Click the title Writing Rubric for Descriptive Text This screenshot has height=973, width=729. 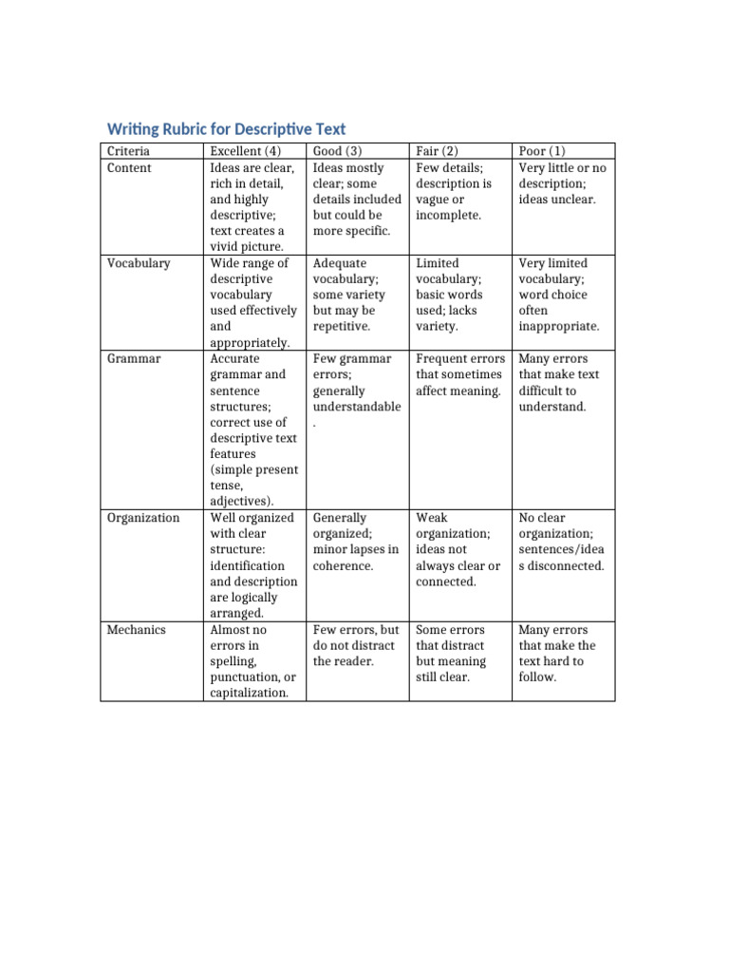(x=226, y=128)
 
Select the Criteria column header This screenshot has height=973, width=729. (x=128, y=151)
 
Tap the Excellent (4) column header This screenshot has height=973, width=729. (x=246, y=151)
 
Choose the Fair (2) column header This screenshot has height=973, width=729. (x=438, y=151)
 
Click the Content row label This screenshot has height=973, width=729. (x=129, y=168)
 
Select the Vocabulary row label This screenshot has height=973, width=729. (x=139, y=263)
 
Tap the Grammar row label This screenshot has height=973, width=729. (x=133, y=359)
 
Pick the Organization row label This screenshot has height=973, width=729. (x=143, y=518)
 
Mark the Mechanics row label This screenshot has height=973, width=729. (x=136, y=630)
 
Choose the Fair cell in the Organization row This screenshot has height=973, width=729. (x=458, y=549)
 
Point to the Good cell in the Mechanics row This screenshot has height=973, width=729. (x=355, y=645)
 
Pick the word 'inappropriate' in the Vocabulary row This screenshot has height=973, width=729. (x=559, y=326)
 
